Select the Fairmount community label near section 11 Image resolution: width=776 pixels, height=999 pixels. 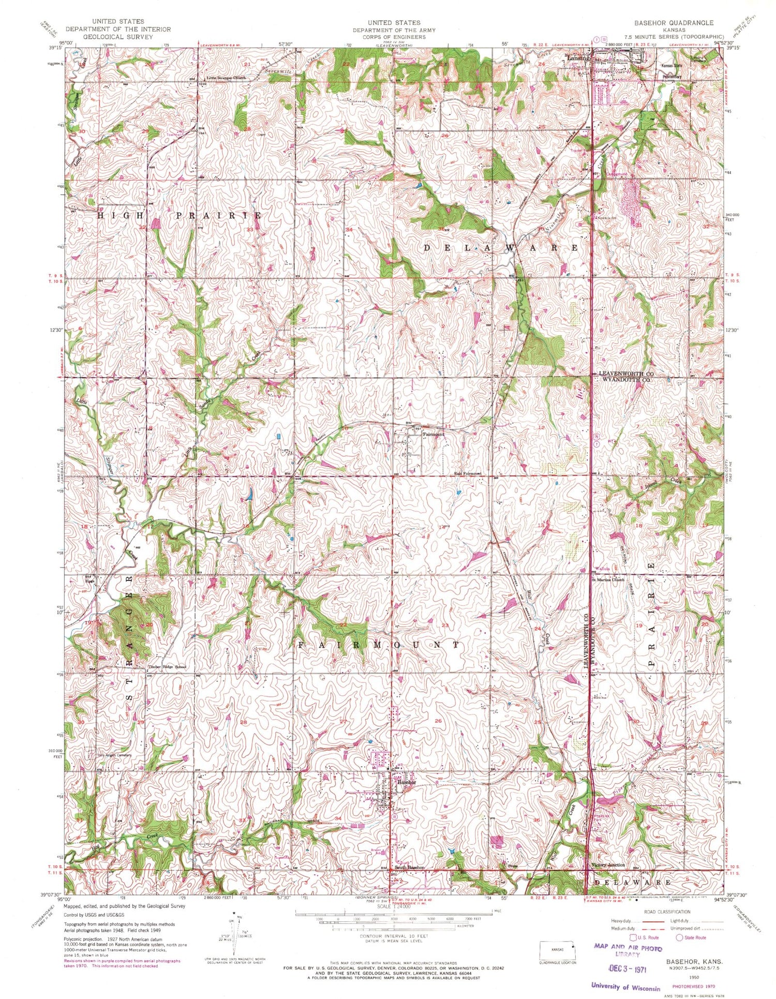(434, 435)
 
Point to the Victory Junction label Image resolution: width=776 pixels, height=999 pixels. (608, 864)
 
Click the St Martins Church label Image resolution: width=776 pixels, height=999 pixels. (608, 580)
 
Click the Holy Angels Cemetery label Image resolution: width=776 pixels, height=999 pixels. (115, 755)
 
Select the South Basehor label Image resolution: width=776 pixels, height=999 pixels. (410, 867)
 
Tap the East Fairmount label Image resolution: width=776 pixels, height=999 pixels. (468, 473)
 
